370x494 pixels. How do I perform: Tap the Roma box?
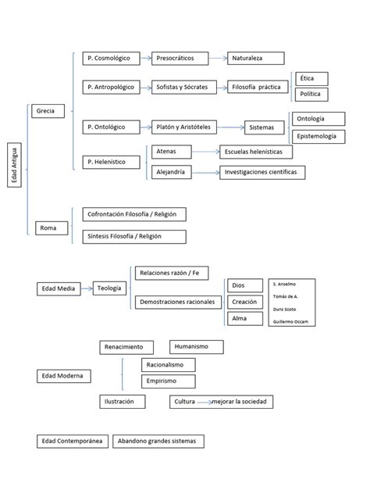coord(50,228)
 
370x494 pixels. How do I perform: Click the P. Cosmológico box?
coord(110,58)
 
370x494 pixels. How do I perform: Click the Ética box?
coord(311,78)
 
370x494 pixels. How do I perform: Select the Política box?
coord(311,95)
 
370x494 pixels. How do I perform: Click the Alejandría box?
coord(172,172)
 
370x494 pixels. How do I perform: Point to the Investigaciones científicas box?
coord(261,172)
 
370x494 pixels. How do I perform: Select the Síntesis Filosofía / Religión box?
coord(133,237)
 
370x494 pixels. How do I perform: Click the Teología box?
coord(110,288)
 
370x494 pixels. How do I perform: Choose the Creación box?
coord(244,302)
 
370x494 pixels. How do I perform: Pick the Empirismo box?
coord(167,381)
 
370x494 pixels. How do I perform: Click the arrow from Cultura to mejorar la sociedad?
coord(206,402)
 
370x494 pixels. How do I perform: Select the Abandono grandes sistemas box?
coord(158,441)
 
